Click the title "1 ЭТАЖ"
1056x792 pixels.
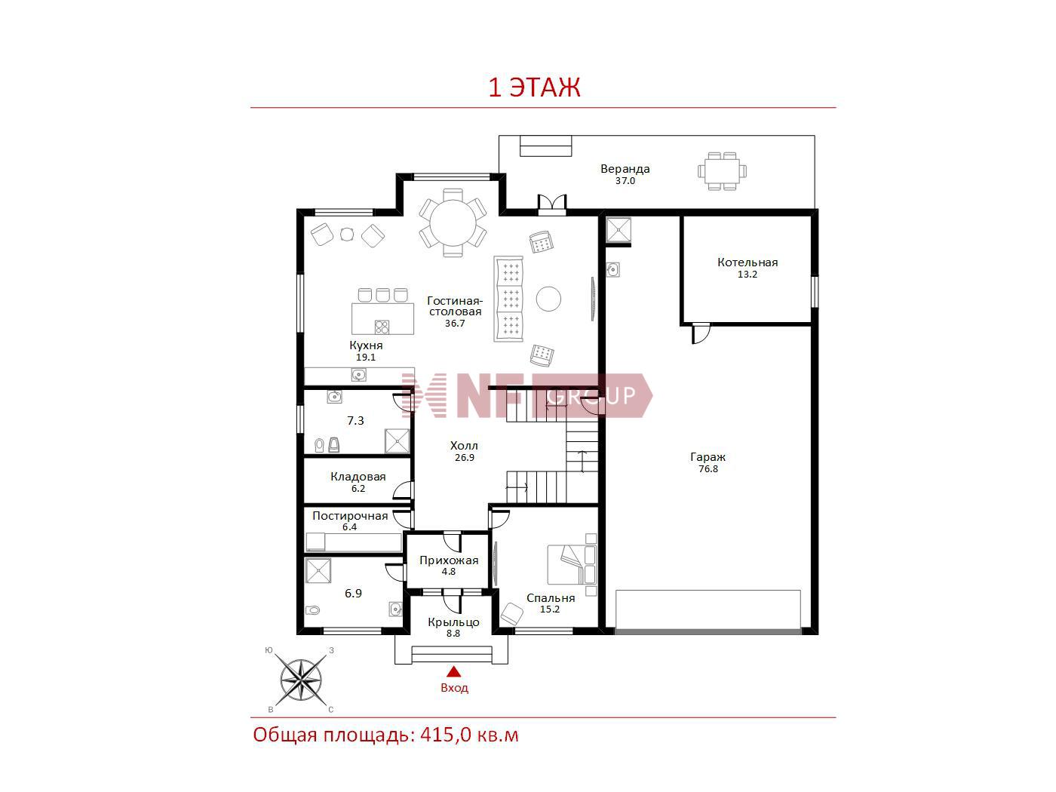(534, 87)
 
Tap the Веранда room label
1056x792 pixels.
(625, 169)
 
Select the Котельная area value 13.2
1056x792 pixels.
(747, 275)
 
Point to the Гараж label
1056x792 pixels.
(708, 457)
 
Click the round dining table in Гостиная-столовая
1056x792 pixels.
(453, 223)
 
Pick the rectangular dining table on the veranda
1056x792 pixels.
(723, 171)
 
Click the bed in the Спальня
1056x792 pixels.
(572, 564)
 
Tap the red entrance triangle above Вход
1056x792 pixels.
(453, 671)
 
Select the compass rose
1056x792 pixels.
(301, 680)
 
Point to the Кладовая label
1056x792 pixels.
(358, 477)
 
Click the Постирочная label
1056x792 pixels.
(350, 516)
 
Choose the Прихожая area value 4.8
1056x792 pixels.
(448, 572)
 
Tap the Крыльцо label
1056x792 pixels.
(453, 622)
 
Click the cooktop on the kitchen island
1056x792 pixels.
(382, 327)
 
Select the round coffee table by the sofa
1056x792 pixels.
(548, 299)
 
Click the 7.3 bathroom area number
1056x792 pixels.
(355, 421)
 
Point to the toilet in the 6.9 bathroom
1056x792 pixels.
(312, 610)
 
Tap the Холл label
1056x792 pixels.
(464, 446)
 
